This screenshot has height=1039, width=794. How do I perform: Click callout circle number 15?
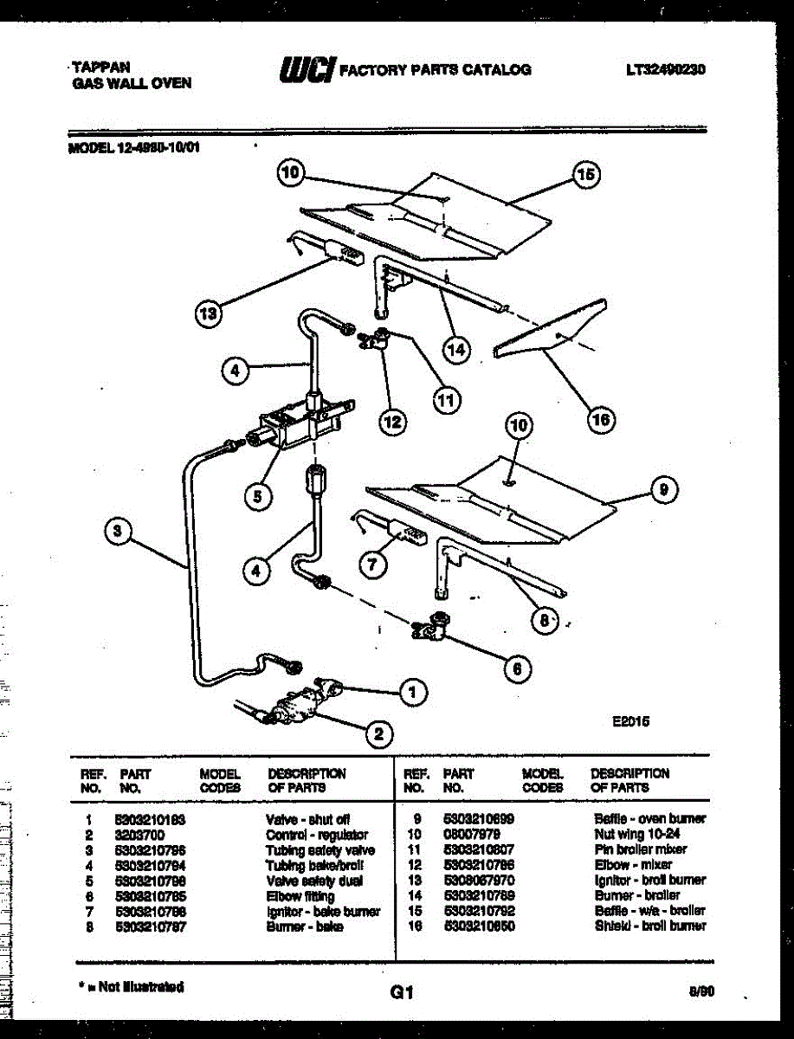[x=586, y=176]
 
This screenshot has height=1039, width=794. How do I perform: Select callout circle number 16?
[x=600, y=420]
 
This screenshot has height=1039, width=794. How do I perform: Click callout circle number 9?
[x=663, y=490]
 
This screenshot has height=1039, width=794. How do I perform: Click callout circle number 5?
[x=257, y=495]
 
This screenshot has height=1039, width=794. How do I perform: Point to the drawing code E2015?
[x=630, y=720]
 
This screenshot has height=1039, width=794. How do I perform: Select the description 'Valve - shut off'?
[x=307, y=818]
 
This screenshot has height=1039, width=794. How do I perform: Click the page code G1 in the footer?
[x=402, y=994]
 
